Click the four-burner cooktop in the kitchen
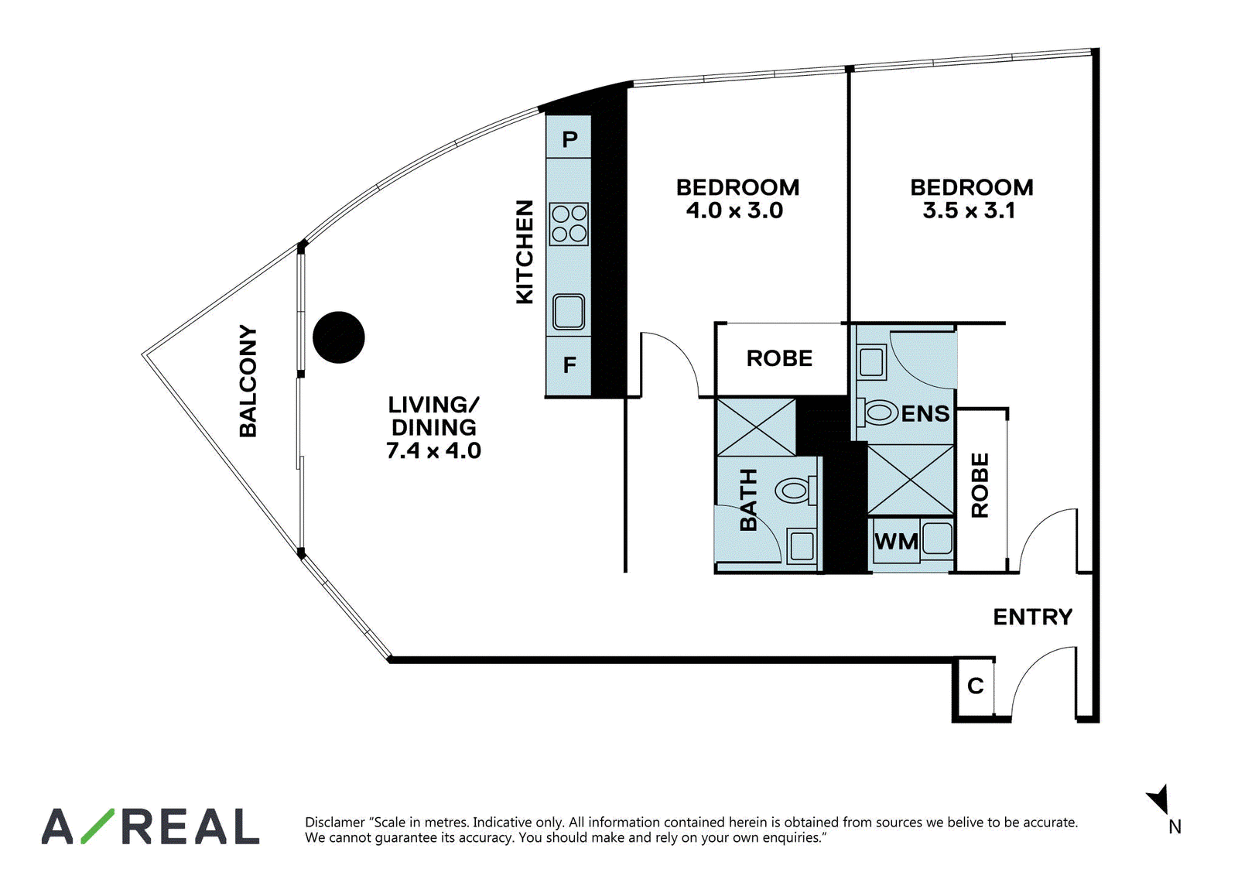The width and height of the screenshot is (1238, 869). tap(569, 224)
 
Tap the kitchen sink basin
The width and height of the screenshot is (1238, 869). tap(569, 311)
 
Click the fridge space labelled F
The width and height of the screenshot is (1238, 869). tap(569, 365)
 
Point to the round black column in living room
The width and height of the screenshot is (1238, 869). tap(339, 337)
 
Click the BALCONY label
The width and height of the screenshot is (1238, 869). tap(248, 381)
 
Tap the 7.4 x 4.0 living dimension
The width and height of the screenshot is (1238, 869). tap(433, 450)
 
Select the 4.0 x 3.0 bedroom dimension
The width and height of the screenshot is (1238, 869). tap(734, 210)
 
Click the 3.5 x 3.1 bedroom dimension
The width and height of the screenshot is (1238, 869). tap(969, 210)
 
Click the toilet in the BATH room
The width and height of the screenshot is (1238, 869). tap(796, 491)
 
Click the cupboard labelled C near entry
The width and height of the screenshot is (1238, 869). tap(976, 686)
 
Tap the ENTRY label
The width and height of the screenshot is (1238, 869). tap(1032, 617)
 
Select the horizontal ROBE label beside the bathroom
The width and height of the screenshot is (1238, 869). tap(779, 358)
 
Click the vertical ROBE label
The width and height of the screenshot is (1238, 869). tap(980, 485)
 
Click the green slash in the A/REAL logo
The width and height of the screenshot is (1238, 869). tap(97, 826)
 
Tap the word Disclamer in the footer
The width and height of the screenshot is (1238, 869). tap(334, 822)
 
